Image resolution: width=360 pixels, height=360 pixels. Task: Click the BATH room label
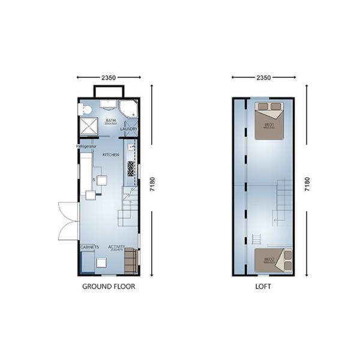tap(110, 120)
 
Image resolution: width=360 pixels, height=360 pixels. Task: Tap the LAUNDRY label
tap(129, 128)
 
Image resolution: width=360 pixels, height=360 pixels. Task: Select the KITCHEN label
tap(111, 155)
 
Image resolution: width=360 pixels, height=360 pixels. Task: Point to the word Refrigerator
tap(86, 146)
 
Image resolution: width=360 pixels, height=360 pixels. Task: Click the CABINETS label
tap(89, 247)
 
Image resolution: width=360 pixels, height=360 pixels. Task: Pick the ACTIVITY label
tap(116, 247)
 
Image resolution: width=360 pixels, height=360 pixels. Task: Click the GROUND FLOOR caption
tap(109, 287)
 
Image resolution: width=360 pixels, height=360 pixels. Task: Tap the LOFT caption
tap(263, 287)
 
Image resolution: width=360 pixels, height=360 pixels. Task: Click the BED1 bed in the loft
tap(269, 121)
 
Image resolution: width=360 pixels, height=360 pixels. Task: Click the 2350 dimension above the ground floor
tap(109, 77)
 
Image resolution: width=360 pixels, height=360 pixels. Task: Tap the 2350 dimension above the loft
tap(263, 77)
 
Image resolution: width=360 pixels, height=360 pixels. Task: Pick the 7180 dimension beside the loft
tap(307, 185)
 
